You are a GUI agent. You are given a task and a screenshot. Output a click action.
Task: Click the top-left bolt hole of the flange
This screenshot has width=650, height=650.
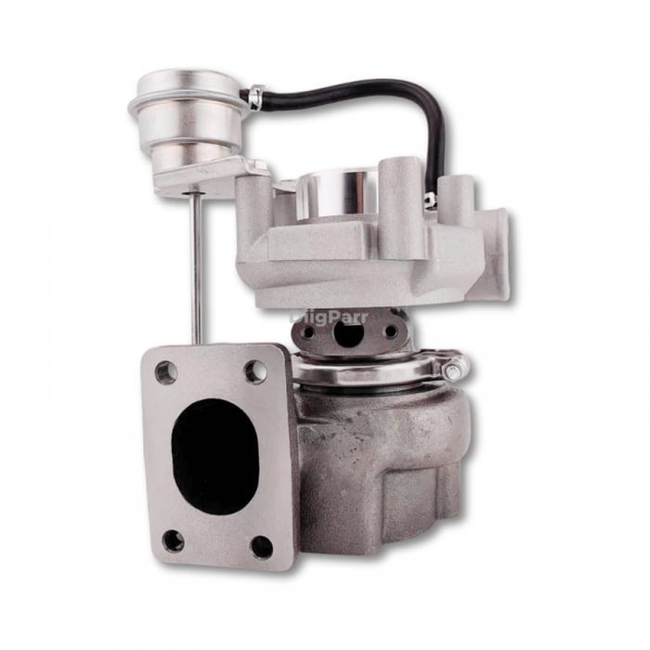[x=166, y=372]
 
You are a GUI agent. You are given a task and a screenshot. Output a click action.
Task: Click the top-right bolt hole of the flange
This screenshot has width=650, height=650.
[x=255, y=371]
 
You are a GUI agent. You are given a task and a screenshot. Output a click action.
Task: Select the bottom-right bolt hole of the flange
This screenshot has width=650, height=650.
[x=262, y=547]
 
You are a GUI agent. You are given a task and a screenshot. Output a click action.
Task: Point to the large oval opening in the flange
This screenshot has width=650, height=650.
[x=215, y=456]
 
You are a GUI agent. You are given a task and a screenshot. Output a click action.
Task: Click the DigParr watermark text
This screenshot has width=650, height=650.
[x=329, y=317]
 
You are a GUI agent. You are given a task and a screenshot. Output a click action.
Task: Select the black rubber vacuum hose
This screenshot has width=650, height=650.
[x=371, y=98]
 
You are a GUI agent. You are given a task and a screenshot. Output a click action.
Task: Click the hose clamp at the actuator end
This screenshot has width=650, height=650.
[x=256, y=97]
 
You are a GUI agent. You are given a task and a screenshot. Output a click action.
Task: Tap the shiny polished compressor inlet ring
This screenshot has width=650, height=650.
[x=340, y=190]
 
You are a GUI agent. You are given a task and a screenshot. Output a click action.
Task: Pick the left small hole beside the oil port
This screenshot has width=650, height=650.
[x=307, y=332]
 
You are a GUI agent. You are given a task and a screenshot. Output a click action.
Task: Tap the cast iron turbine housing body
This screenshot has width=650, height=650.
[x=381, y=455]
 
